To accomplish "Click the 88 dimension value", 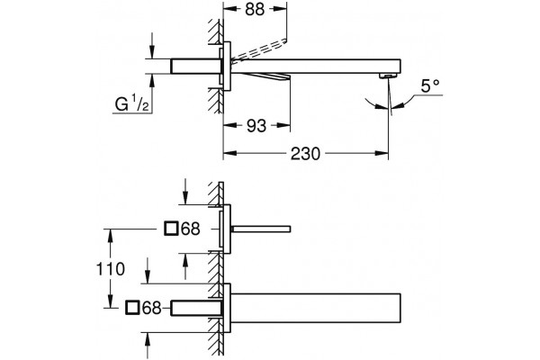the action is tap(255, 9).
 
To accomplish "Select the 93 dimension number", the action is tap(256, 126).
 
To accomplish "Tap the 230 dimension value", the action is tap(305, 154).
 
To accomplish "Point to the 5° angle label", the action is tap(430, 86).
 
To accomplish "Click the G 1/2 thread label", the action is tap(132, 104).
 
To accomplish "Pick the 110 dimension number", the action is tap(110, 269).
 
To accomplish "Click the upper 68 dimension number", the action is tap(191, 229).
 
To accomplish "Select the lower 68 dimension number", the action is tap(152, 308).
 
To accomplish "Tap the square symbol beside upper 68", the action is tap(171, 229).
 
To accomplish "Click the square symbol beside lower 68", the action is tap(132, 308).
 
